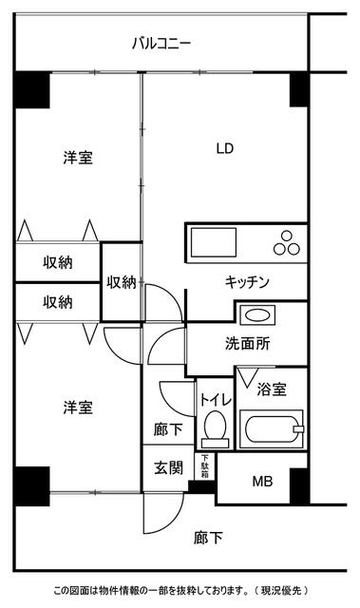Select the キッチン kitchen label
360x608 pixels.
point(248,282)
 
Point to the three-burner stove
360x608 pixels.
point(285,244)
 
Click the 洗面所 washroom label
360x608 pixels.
point(247,345)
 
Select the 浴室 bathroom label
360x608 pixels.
point(272,389)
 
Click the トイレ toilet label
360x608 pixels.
point(213,398)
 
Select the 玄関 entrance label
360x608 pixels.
point(168,469)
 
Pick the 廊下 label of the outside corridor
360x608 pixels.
point(208,539)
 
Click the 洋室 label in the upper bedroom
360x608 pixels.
point(78,158)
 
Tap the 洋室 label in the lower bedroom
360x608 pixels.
point(78,408)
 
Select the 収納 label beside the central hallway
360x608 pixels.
point(121,281)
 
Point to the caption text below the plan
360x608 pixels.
point(180,591)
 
